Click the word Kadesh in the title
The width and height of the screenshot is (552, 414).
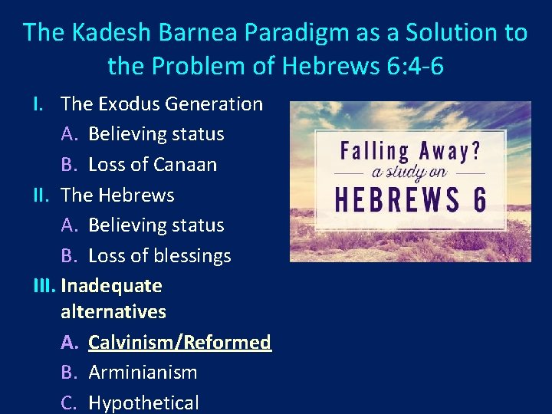point(100,33)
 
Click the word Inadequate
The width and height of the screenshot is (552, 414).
point(111,286)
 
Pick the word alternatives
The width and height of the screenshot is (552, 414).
point(113,312)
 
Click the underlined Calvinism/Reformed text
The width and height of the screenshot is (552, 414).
point(179,342)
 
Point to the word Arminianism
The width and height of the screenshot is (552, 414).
point(143,373)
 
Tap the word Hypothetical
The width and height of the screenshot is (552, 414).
point(143,402)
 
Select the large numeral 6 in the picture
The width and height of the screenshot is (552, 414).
point(478,199)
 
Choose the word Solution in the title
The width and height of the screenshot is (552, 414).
point(449,33)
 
